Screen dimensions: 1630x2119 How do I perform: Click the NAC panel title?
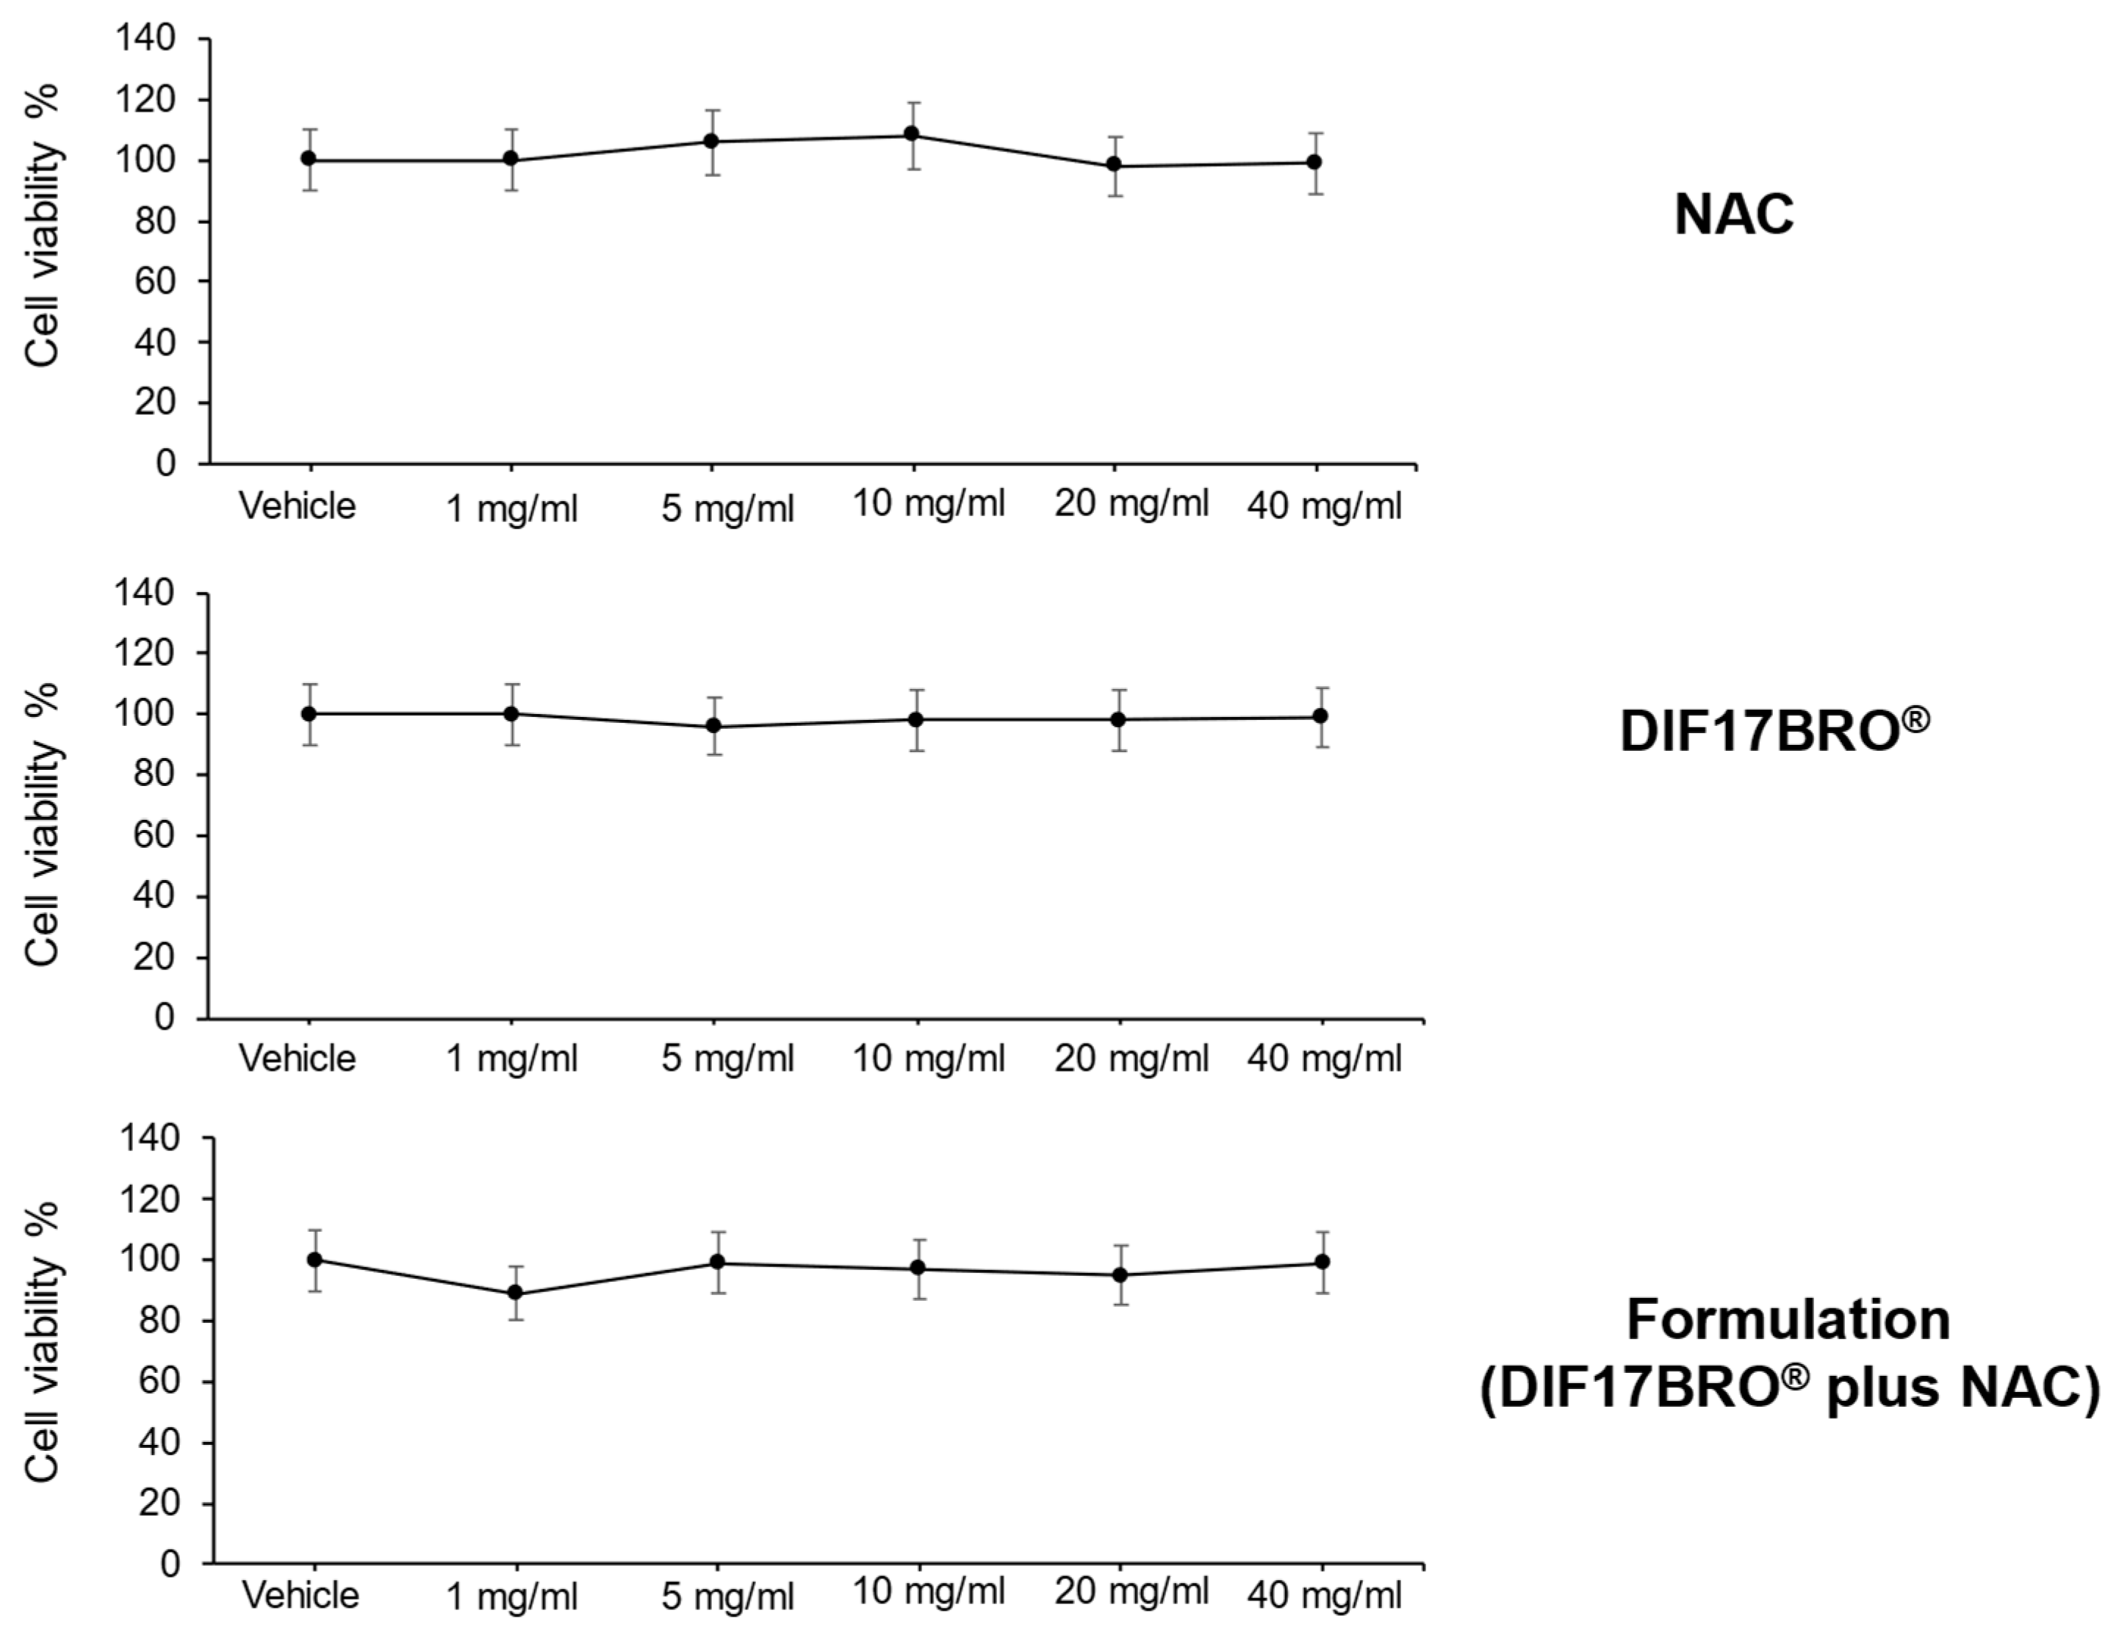1734,214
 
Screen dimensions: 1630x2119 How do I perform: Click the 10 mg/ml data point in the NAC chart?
912,134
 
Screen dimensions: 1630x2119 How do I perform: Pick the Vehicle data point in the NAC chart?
309,159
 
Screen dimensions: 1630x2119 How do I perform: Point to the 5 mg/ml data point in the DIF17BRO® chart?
714,726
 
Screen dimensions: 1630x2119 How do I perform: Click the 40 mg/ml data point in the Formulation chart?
1322,1261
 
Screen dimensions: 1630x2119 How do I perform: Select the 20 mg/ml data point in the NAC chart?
1114,165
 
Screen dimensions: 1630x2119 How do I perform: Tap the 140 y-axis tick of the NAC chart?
145,39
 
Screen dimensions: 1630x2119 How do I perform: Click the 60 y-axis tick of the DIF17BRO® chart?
155,835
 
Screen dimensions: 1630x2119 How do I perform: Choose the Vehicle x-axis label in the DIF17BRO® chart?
298,1058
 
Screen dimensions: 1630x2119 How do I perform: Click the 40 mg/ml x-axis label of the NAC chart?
1324,505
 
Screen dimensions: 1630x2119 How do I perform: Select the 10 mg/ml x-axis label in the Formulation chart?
929,1592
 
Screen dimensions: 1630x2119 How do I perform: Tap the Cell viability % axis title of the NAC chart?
43,225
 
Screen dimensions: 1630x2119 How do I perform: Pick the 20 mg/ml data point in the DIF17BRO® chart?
1118,720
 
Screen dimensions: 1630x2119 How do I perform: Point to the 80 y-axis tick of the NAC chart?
155,221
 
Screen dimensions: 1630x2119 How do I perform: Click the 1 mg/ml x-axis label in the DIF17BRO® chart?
511,1059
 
